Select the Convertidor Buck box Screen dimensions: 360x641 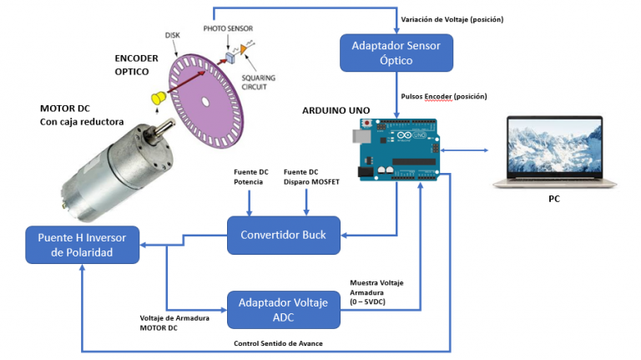(x=283, y=235)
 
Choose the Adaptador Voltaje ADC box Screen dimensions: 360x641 (x=284, y=309)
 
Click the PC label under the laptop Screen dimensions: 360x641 (x=553, y=201)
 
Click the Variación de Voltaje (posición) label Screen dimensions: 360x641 (x=452, y=18)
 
